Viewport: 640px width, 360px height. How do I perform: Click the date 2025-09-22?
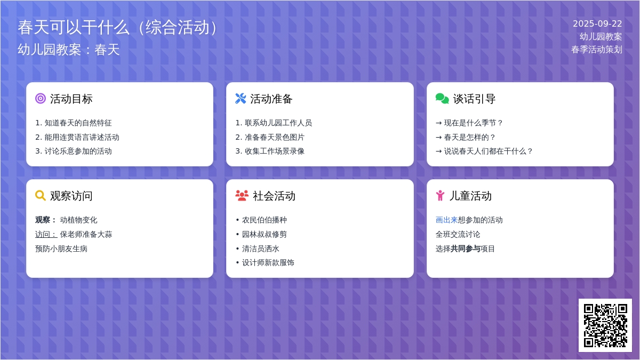pos(597,23)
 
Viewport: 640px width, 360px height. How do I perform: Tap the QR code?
pos(605,325)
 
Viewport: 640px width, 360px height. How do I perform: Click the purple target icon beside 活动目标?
pos(41,99)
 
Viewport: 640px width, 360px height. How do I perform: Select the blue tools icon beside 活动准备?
pos(241,99)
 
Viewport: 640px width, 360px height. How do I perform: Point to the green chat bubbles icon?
pos(442,99)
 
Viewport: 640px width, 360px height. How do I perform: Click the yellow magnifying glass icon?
pos(41,196)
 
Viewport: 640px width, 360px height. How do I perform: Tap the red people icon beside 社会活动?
pos(242,196)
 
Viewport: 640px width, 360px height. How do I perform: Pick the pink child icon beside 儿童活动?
pos(441,196)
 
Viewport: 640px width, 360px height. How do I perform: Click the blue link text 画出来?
pos(446,220)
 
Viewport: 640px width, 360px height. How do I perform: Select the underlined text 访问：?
pos(46,234)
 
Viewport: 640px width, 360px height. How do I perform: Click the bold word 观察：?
pos(46,220)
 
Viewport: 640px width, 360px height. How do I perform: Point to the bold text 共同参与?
pos(465,249)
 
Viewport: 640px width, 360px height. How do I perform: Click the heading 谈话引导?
pos(474,99)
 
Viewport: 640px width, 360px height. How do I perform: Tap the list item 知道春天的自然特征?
pos(78,123)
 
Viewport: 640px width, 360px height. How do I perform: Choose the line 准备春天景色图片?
pos(275,137)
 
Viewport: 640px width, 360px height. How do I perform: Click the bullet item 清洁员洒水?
pos(261,249)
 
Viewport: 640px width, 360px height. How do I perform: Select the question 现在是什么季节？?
pos(474,123)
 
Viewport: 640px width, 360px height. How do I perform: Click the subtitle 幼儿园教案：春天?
pos(69,50)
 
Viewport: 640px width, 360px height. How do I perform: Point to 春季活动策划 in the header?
pos(597,50)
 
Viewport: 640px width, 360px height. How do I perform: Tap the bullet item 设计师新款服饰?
pos(268,262)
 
